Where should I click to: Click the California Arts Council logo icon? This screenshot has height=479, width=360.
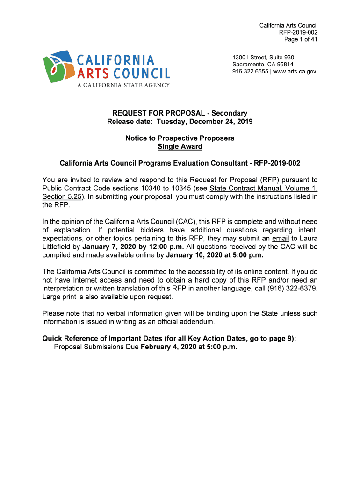58,66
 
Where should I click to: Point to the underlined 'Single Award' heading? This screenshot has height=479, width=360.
180,147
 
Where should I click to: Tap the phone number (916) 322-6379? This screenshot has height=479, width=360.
294,289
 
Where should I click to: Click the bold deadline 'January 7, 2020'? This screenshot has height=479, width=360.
109,247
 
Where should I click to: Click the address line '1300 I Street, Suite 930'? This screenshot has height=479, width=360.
263,58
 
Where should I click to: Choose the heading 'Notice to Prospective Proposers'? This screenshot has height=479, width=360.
180,138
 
